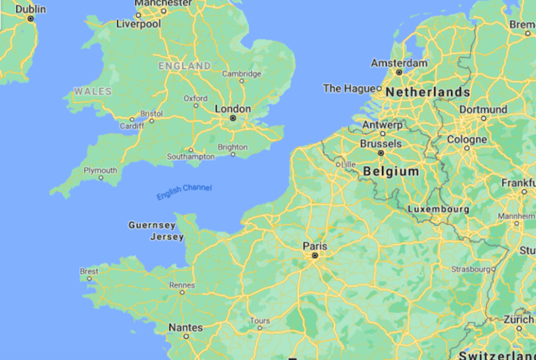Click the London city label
point(232,109)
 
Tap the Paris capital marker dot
point(315,256)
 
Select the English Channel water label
point(184,193)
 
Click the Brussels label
point(380,143)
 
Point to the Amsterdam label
point(399,63)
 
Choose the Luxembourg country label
point(438,209)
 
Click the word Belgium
point(391,171)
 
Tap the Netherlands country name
point(428,92)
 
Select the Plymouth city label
point(100,170)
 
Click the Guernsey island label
point(152,225)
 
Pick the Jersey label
point(167,237)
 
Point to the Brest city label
point(89,271)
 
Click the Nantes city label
point(186,327)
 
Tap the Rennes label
point(182,285)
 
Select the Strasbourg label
point(471,268)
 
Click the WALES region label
point(92,91)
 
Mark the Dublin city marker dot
point(31,19)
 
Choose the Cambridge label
point(241,73)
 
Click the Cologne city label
point(467,140)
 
